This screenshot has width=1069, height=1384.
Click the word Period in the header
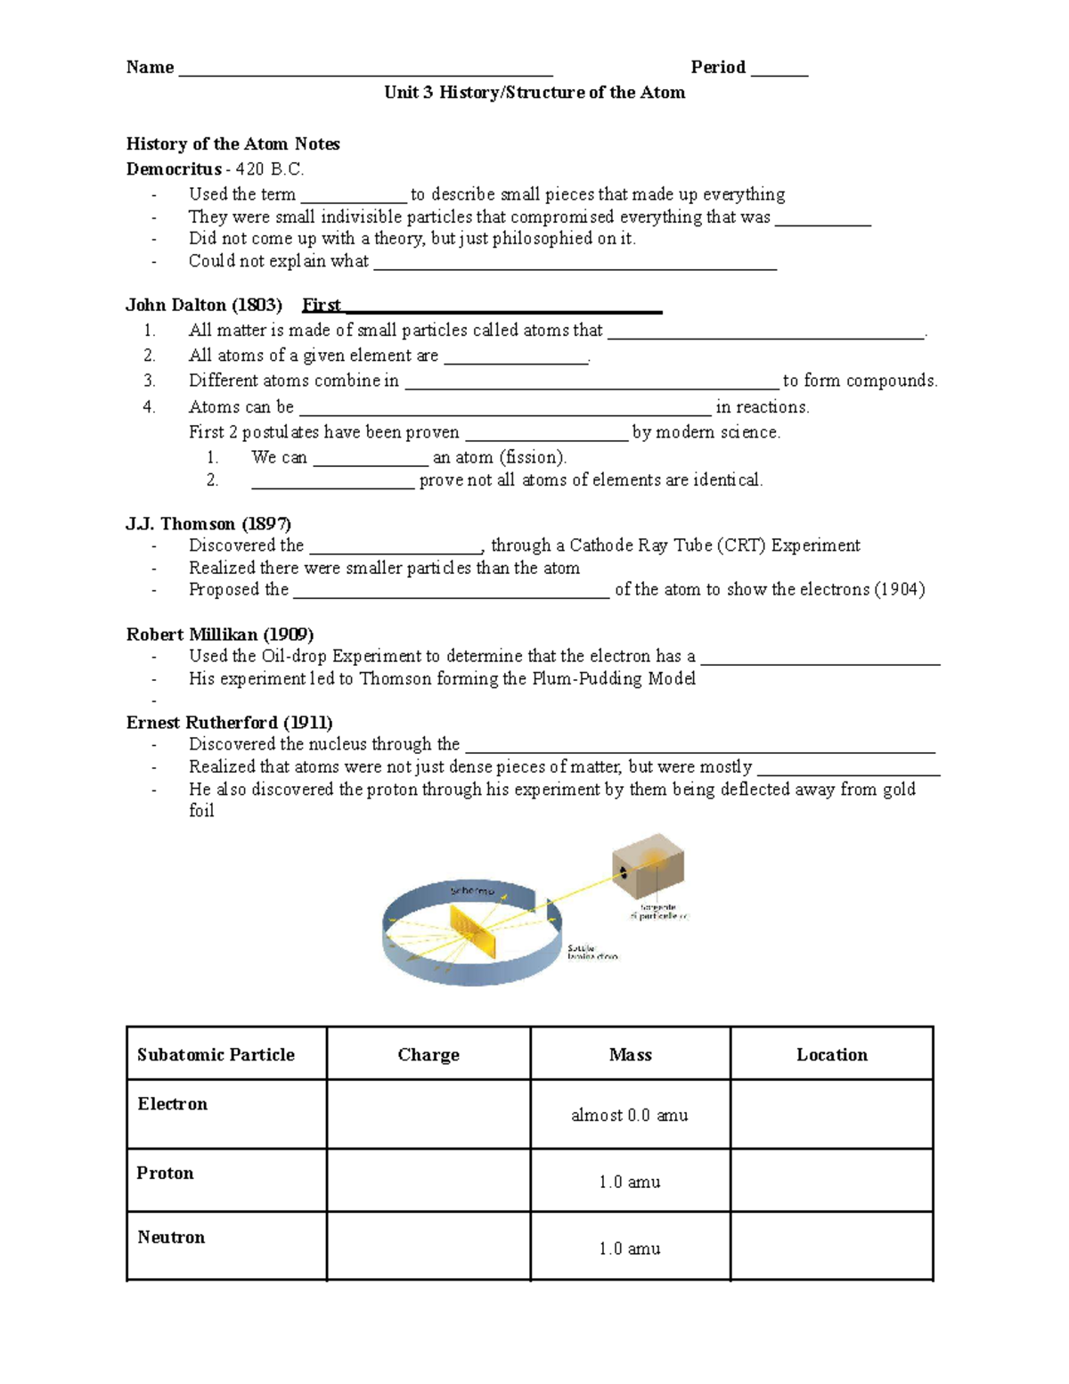[717, 67]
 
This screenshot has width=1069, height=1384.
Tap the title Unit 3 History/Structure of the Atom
[534, 93]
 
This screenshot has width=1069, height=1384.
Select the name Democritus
[174, 169]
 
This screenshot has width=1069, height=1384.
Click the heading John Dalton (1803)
[204, 305]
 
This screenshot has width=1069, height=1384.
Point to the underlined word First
[322, 305]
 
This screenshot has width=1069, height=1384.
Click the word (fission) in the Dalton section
[533, 457]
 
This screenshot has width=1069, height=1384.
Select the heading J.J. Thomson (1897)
[208, 524]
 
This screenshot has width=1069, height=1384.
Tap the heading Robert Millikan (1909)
[220, 635]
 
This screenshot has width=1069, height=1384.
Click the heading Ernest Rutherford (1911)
[229, 723]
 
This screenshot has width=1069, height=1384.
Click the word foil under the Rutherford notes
[201, 811]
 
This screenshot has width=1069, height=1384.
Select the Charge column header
[428, 1055]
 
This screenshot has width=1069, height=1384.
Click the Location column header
[831, 1055]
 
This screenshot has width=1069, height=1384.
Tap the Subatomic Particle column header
[216, 1055]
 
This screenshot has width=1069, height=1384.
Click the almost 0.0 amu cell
[629, 1116]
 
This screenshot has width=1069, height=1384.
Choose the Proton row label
[165, 1174]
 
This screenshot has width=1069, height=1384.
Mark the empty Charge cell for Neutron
[428, 1247]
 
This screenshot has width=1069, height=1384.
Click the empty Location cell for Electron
[831, 1115]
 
